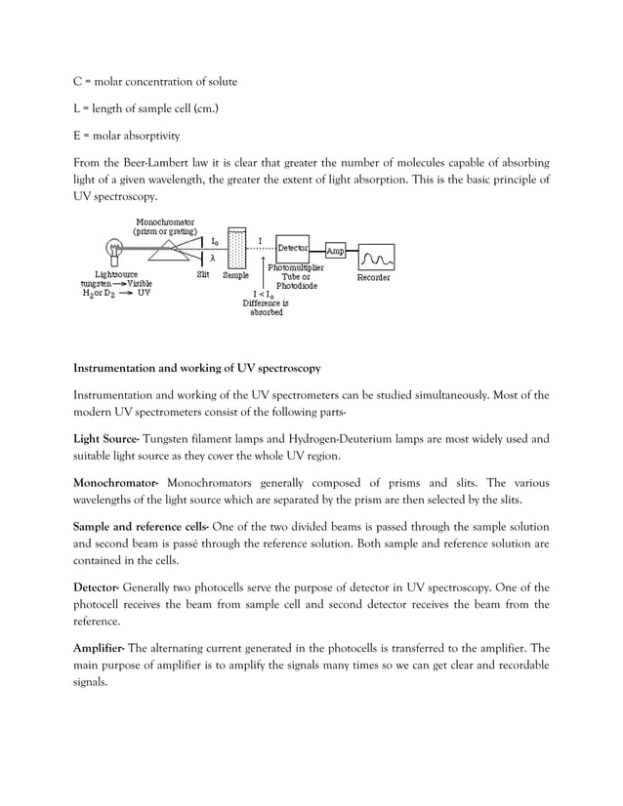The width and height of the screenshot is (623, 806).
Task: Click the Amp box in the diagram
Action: pyautogui.click(x=335, y=251)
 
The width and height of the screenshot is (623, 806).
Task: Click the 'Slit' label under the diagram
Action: pyautogui.click(x=202, y=276)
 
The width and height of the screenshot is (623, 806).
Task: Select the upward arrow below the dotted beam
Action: pyautogui.click(x=262, y=264)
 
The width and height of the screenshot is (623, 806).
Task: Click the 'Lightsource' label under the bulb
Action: pyautogui.click(x=115, y=275)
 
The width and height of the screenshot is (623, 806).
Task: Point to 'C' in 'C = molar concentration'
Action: pyautogui.click(x=78, y=81)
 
